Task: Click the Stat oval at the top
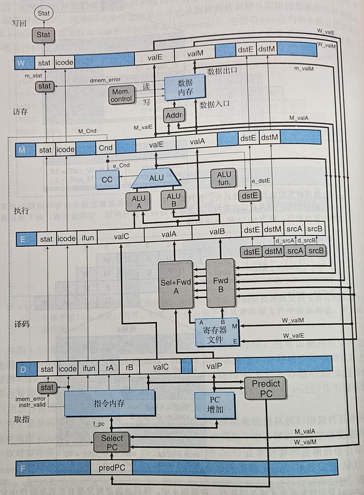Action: pyautogui.click(x=44, y=13)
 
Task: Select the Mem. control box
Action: pyautogui.click(x=121, y=95)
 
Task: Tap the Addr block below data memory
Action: pyautogui.click(x=174, y=115)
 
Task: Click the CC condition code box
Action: pyautogui.click(x=107, y=180)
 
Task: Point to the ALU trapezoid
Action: pyautogui.click(x=156, y=178)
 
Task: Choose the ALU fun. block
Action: pyautogui.click(x=224, y=178)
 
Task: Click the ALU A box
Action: pyautogui.click(x=139, y=202)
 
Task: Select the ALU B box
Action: pyautogui.click(x=174, y=200)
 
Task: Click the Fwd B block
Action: pyautogui.click(x=220, y=284)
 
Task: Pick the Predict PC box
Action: pyautogui.click(x=266, y=388)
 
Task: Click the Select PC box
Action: pyautogui.click(x=112, y=442)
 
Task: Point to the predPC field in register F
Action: pyautogui.click(x=112, y=468)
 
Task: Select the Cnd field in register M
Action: pyautogui.click(x=105, y=147)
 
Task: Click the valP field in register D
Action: pyautogui.click(x=214, y=366)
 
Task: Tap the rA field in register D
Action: pyautogui.click(x=109, y=368)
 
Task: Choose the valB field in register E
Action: pyautogui.click(x=217, y=232)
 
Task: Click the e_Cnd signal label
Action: pyautogui.click(x=121, y=166)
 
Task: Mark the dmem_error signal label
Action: pyautogui.click(x=105, y=80)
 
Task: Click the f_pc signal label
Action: pyautogui.click(x=99, y=424)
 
